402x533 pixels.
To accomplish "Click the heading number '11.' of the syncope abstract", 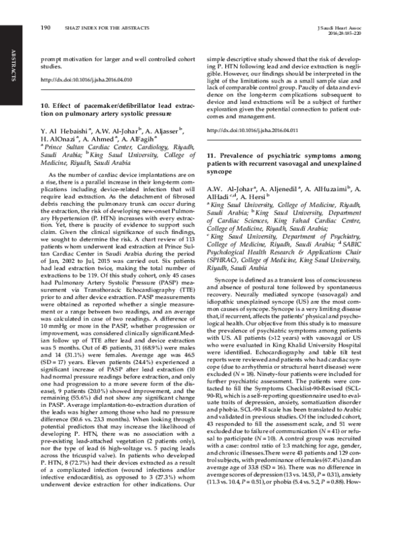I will pyautogui.click(x=211, y=155).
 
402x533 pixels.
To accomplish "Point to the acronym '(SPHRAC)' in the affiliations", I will pyautogui.click(x=224, y=246).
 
